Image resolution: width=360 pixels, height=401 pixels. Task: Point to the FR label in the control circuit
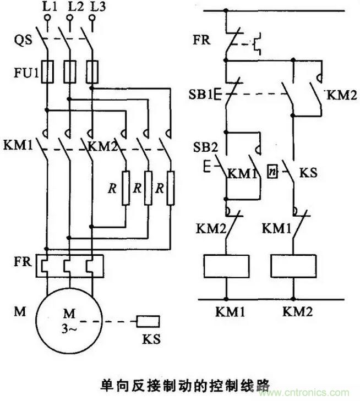click(x=201, y=40)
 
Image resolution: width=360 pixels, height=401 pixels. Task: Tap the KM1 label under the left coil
click(x=227, y=312)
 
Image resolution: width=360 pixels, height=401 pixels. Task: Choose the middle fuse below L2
click(x=69, y=71)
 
